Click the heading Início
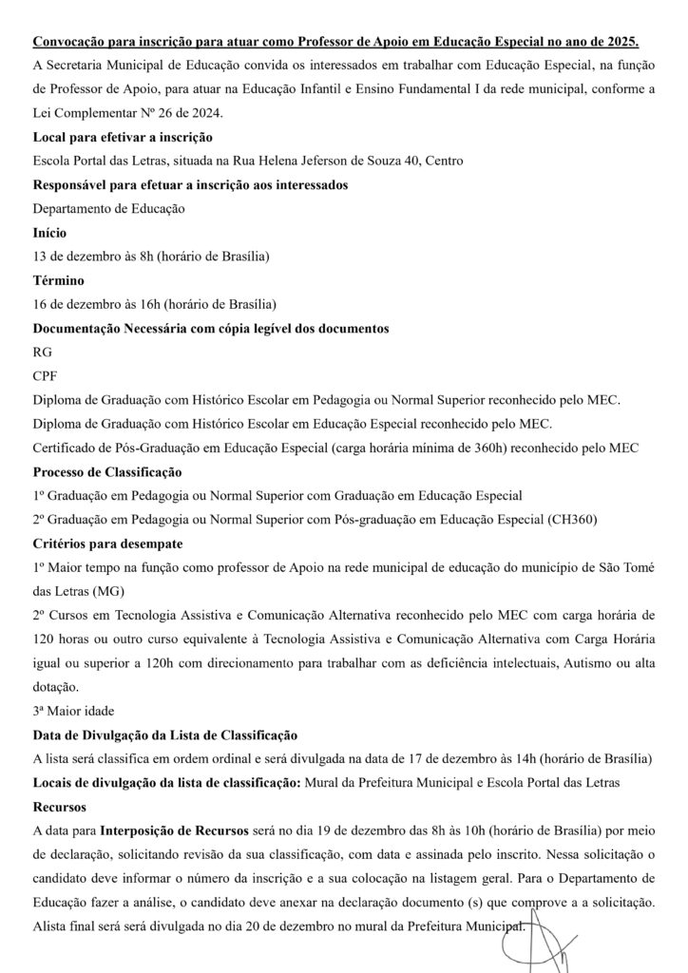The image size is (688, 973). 49,232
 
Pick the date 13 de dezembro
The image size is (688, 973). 79,257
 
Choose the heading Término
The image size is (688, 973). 58,280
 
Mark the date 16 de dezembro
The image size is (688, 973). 79,304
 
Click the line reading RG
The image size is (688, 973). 43,352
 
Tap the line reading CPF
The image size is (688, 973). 46,375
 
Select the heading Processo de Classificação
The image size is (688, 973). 107,471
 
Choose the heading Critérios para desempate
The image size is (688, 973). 107,543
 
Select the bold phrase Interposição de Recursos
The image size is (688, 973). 180,830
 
